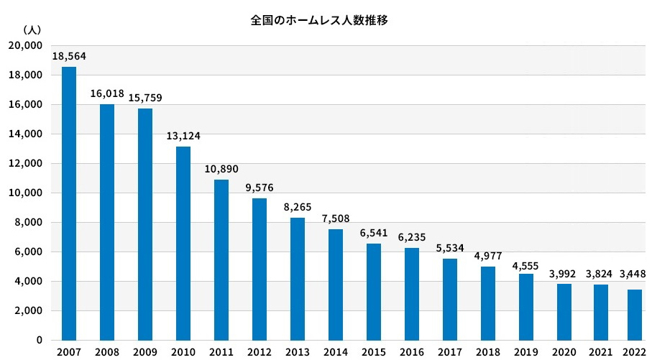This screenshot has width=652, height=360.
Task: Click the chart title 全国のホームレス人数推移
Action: pyautogui.click(x=319, y=21)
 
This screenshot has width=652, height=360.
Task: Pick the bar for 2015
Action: pyautogui.click(x=374, y=292)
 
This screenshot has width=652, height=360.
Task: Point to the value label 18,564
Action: pyautogui.click(x=69, y=55)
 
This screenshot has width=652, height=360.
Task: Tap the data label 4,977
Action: pyautogui.click(x=488, y=255)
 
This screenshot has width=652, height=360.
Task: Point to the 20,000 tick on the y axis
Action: pyautogui.click(x=25, y=45)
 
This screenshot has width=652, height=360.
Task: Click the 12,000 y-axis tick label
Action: pyautogui.click(x=25, y=163)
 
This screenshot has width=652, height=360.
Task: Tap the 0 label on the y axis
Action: pyautogui.click(x=40, y=340)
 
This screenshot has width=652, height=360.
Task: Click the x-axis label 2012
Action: pyautogui.click(x=260, y=353)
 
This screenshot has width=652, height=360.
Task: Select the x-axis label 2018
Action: pyautogui.click(x=488, y=353)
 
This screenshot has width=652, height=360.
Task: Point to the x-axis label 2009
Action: pyautogui.click(x=145, y=353)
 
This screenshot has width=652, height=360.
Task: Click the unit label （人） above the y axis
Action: pyautogui.click(x=32, y=29)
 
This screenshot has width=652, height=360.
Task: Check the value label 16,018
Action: pyautogui.click(x=107, y=93)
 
